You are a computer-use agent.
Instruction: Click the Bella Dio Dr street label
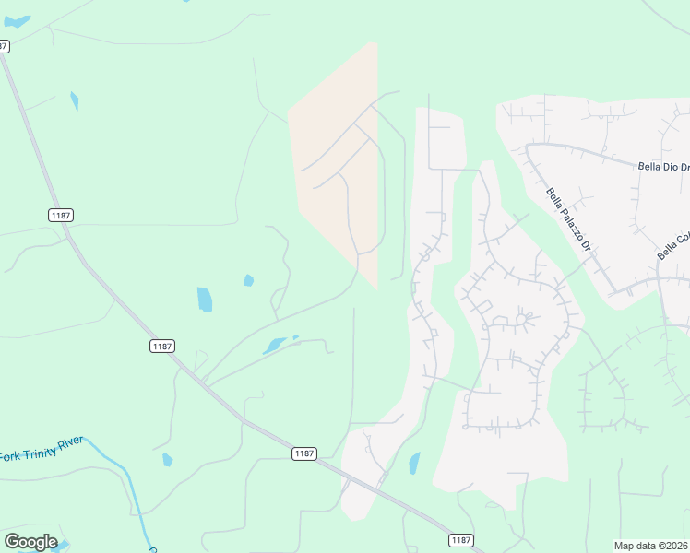click(x=663, y=167)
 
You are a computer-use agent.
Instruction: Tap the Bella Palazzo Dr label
click(x=568, y=221)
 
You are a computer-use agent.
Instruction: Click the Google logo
click(x=30, y=542)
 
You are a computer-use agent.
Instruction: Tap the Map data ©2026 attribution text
click(x=651, y=546)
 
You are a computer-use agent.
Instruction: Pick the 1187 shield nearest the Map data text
click(x=461, y=539)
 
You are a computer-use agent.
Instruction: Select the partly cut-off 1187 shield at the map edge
click(x=4, y=46)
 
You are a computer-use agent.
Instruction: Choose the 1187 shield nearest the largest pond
click(x=162, y=345)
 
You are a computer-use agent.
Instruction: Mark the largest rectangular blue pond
click(x=205, y=300)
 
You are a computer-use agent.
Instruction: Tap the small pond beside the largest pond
click(x=248, y=280)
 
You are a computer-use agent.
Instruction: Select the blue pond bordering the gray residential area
click(x=414, y=463)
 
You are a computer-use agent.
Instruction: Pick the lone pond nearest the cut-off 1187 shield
click(x=74, y=100)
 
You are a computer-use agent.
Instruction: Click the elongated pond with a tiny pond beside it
click(x=274, y=347)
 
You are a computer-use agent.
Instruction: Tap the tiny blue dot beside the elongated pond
click(x=295, y=337)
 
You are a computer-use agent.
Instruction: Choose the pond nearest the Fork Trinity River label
click(x=167, y=459)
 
